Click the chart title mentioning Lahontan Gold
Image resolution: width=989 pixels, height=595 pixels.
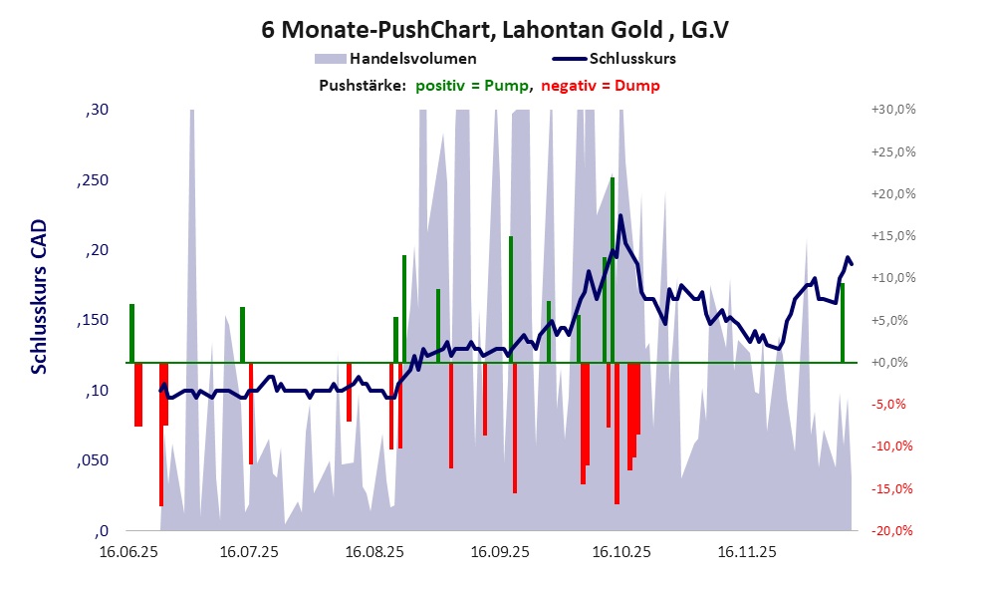coord(494,29)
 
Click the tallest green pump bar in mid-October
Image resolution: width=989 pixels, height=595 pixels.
coord(613,269)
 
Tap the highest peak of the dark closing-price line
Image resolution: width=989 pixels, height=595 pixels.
coord(620,216)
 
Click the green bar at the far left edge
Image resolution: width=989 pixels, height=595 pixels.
coord(131,333)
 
